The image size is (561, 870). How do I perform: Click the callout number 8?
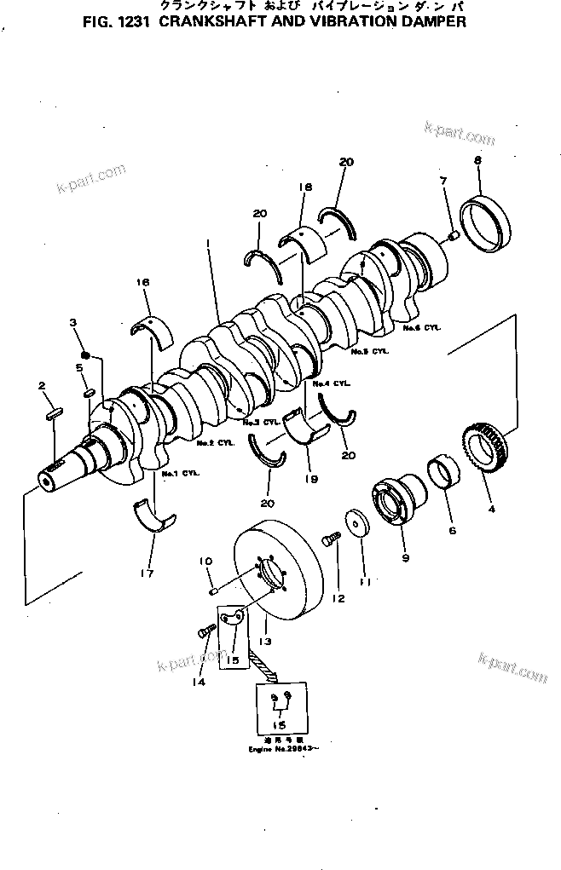(x=477, y=161)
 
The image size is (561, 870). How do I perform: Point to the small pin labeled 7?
(x=454, y=234)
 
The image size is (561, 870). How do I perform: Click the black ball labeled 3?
(x=85, y=354)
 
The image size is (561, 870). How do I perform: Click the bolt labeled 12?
(x=330, y=538)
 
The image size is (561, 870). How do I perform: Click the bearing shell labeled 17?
(x=153, y=517)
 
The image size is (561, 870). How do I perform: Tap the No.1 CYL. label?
(x=179, y=473)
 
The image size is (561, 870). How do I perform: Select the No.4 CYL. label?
(x=333, y=384)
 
